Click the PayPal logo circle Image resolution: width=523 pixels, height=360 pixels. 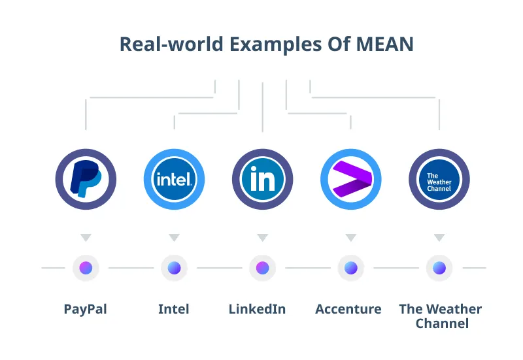[x=86, y=179]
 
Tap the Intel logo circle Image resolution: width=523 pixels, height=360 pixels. [x=174, y=179]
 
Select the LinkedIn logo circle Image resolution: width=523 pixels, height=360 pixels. [x=262, y=179]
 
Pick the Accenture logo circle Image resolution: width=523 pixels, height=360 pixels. [x=351, y=179]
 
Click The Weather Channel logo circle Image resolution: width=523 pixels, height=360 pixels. [x=439, y=179]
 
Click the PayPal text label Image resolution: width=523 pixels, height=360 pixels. [x=86, y=309]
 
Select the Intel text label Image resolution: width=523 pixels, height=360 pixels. [x=174, y=309]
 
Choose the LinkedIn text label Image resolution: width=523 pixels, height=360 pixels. [x=257, y=309]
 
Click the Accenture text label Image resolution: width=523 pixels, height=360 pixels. [x=348, y=309]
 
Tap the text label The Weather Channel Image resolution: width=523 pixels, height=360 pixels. [x=441, y=316]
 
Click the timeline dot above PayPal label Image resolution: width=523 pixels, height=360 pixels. [x=86, y=268]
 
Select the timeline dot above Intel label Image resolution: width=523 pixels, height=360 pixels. [x=174, y=268]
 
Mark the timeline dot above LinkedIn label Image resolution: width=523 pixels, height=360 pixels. [x=262, y=268]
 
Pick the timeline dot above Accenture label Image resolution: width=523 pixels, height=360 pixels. [x=351, y=268]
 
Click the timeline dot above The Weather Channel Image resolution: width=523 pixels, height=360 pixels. [x=439, y=268]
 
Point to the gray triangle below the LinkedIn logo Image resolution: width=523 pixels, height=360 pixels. [x=262, y=237]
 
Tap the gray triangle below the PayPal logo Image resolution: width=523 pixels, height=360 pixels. [x=86, y=237]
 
